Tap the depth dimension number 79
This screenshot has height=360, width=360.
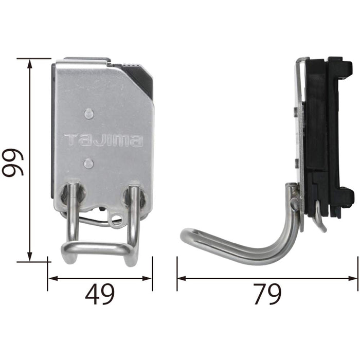click(267, 295)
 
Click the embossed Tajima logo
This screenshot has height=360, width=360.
click(103, 139)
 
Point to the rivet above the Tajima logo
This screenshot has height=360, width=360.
click(88, 113)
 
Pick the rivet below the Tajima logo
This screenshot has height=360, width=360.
click(88, 163)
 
